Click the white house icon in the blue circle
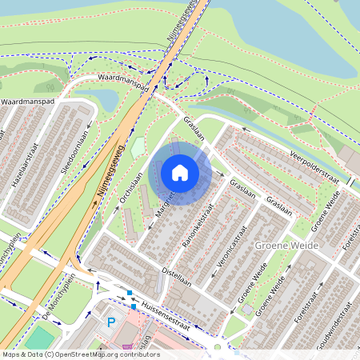[x=180, y=172]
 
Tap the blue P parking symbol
[x=111, y=322]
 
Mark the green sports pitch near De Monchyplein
[x=36, y=339]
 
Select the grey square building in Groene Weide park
[x=247, y=309]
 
